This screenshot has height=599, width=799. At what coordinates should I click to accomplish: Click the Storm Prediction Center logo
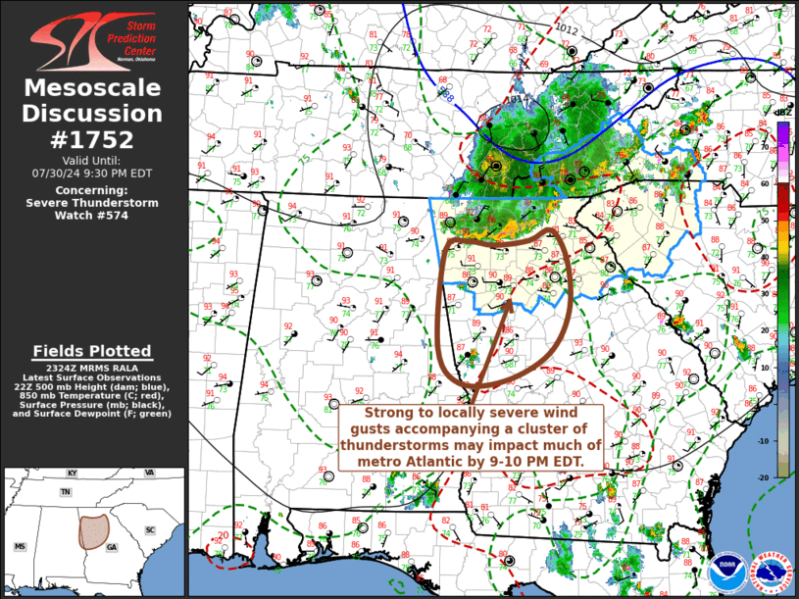tap(92, 41)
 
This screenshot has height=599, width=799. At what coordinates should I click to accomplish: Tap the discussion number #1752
tap(93, 139)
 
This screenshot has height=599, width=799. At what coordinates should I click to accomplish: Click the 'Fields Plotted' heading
tap(92, 351)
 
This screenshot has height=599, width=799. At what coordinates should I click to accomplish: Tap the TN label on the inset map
tap(65, 492)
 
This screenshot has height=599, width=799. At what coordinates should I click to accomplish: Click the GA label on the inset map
tap(112, 547)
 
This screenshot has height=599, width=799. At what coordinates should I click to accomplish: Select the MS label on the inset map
tap(19, 546)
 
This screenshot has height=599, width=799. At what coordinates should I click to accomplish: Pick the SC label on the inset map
tap(150, 530)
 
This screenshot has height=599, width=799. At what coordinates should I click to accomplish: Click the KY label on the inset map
tap(72, 474)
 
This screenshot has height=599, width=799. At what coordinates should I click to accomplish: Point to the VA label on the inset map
tap(149, 473)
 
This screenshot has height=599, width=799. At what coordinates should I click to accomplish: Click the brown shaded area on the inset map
tap(93, 530)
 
